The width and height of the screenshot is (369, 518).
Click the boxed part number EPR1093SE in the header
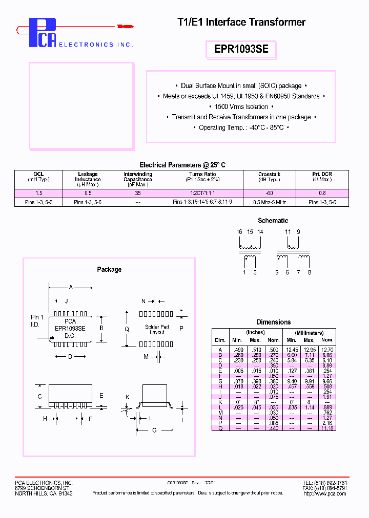click(241, 50)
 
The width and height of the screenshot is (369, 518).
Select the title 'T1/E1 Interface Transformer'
click(241, 22)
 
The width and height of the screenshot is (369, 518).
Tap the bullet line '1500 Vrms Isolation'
click(241, 106)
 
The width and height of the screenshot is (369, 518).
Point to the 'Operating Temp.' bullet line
click(241, 127)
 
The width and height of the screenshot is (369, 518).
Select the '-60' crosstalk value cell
click(269, 193)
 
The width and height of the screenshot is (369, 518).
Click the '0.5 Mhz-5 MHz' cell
click(269, 202)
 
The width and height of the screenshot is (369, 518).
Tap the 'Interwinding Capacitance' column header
click(137, 177)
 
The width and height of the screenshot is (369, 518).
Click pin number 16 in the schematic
click(239, 232)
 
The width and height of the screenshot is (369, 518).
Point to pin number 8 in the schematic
click(310, 273)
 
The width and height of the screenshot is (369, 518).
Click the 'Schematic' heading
click(273, 221)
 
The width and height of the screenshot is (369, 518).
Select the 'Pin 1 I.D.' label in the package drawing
click(37, 321)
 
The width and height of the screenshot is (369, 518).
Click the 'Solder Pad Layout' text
click(157, 329)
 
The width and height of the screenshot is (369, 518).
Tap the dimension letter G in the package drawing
click(154, 431)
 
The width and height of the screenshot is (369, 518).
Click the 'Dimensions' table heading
click(274, 322)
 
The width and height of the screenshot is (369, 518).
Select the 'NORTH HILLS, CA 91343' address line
click(44, 493)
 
